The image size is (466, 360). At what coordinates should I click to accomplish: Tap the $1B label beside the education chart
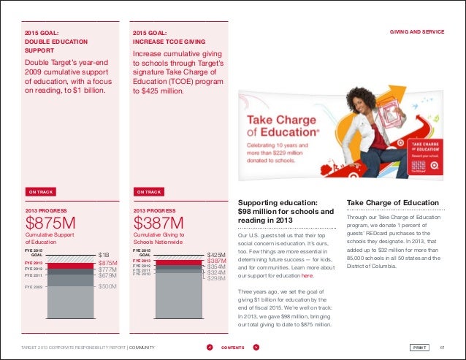click(104, 255)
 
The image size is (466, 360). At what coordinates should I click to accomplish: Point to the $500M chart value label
click(107, 288)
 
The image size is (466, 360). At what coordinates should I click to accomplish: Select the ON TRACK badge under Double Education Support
click(42, 191)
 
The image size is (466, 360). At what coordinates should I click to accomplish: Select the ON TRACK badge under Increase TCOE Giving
click(148, 191)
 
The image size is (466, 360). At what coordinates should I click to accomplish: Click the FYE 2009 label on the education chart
click(34, 288)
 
